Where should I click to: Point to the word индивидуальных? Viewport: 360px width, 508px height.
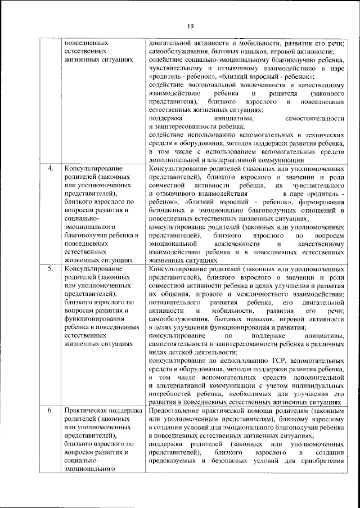(x=317, y=385)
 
